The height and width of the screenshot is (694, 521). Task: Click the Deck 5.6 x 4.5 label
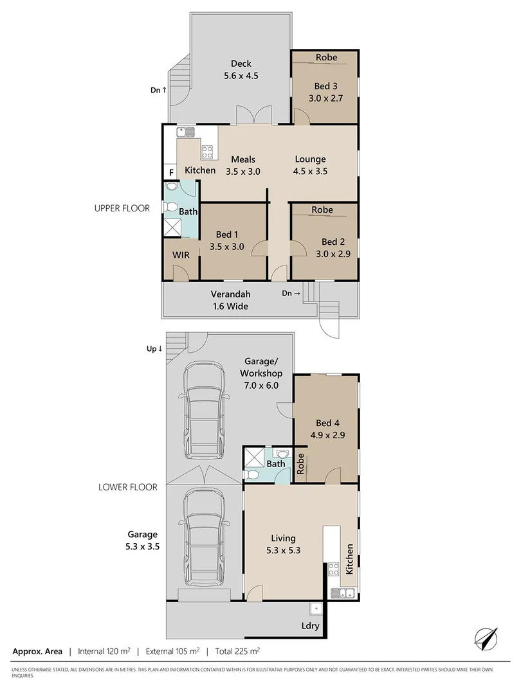pyautogui.click(x=241, y=69)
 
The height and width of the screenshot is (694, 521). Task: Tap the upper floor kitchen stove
pyautogui.click(x=207, y=152)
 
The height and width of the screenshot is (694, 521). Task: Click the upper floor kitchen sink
pyautogui.click(x=185, y=132)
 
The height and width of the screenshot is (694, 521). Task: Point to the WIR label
pyautogui.click(x=181, y=255)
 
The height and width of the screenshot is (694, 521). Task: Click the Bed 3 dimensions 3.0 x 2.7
pyautogui.click(x=325, y=98)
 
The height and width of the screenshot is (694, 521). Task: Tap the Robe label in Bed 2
pyautogui.click(x=322, y=209)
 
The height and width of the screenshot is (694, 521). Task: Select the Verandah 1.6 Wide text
pyautogui.click(x=230, y=300)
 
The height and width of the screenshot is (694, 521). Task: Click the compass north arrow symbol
pyautogui.click(x=486, y=639)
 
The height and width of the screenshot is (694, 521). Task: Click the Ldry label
pyautogui.click(x=310, y=625)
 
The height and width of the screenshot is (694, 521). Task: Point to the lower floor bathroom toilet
pyautogui.click(x=251, y=475)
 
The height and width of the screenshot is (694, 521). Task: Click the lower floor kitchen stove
pyautogui.click(x=333, y=569)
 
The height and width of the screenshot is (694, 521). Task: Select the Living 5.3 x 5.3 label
pyautogui.click(x=283, y=544)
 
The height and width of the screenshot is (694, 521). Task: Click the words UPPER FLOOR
pyautogui.click(x=122, y=208)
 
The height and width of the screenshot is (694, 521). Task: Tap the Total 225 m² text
pyautogui.click(x=237, y=651)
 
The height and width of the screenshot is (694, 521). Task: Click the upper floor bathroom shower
pyautogui.click(x=172, y=227)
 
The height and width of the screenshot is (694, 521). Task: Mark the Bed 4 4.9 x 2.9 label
pyautogui.click(x=327, y=429)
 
